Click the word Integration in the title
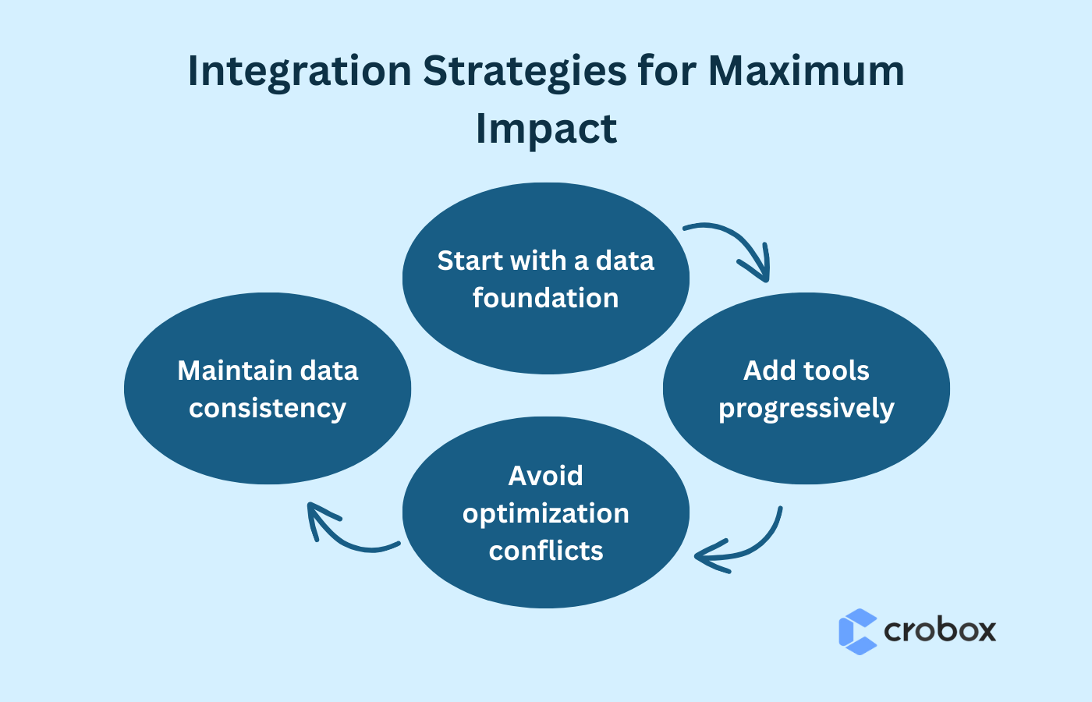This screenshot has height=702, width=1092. [299, 72]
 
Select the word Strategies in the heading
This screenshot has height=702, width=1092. [524, 72]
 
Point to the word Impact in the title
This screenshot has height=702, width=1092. [546, 129]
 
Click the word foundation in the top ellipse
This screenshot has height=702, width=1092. [545, 298]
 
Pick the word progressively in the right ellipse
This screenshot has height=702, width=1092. [806, 409]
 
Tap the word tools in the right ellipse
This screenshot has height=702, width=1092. [835, 370]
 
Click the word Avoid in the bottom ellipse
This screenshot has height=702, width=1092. [545, 476]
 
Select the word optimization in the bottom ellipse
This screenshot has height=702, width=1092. [545, 513]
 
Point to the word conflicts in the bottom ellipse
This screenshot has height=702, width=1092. [545, 551]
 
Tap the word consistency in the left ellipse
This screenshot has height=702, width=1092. [267, 409]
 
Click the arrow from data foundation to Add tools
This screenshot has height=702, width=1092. [737, 246]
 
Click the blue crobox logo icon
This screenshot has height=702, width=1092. [857, 631]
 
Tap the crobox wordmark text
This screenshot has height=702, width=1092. [940, 630]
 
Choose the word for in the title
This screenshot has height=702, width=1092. [666, 72]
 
